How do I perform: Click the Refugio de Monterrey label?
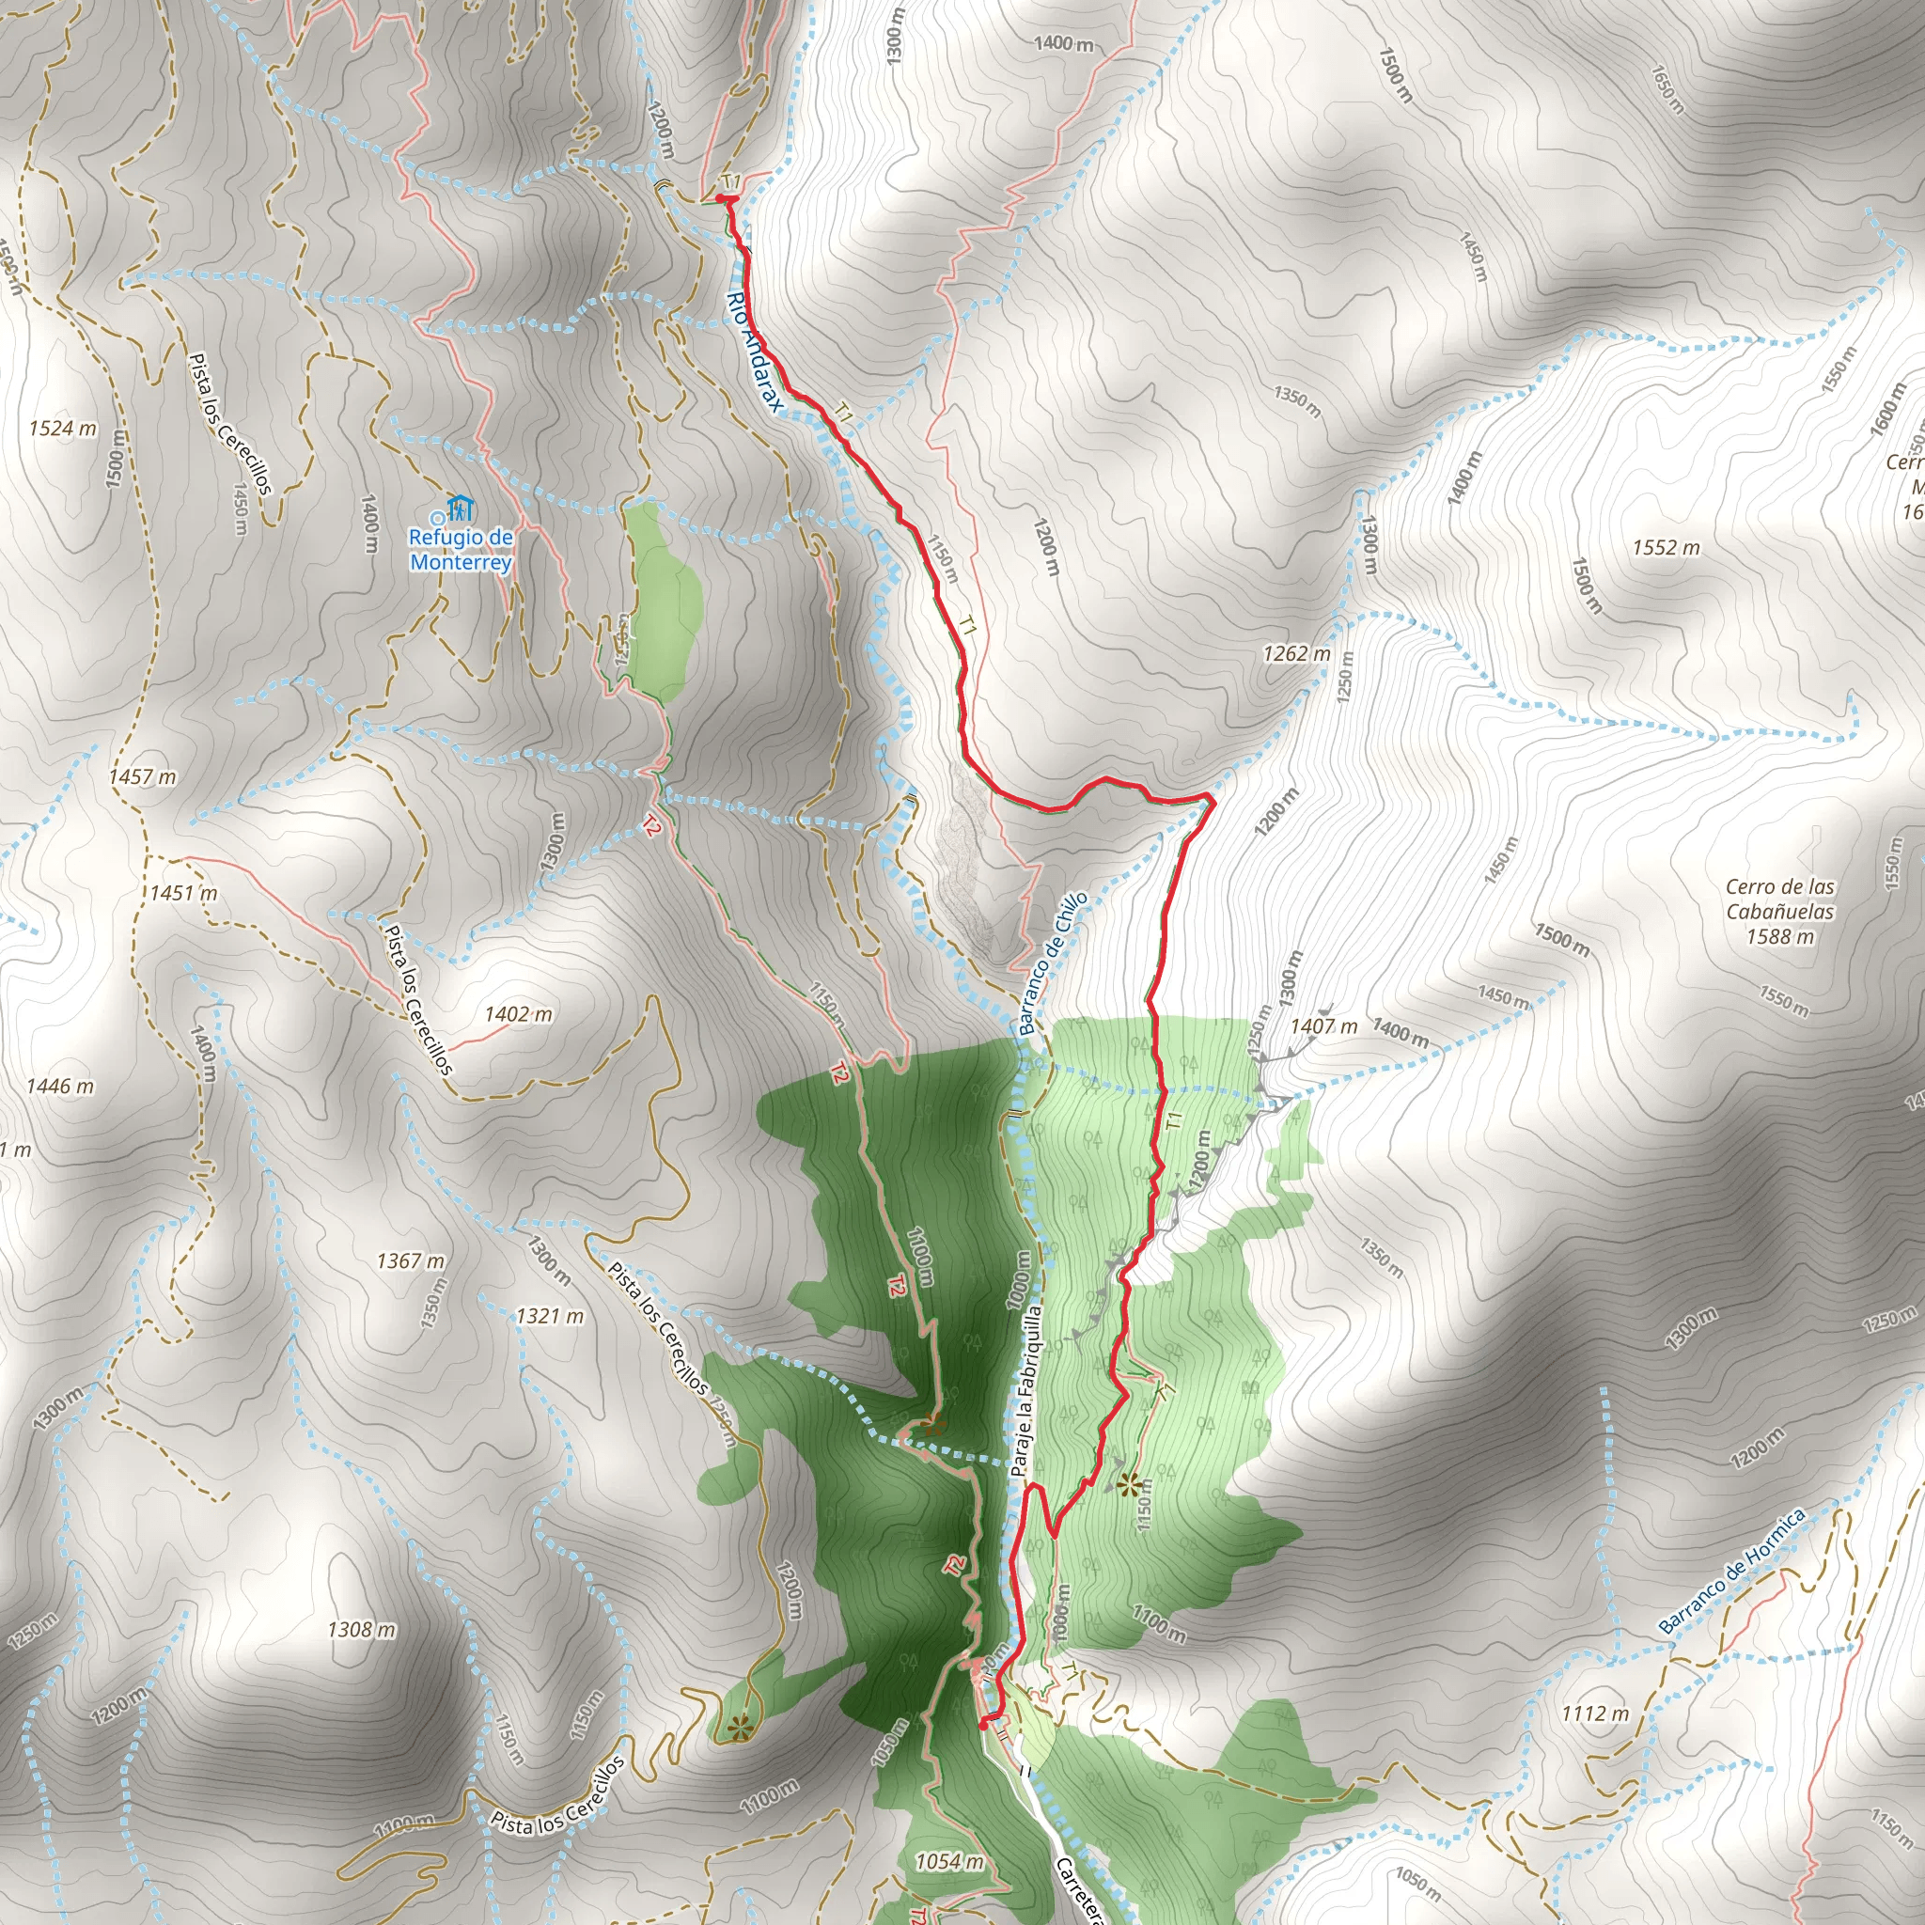click(462, 550)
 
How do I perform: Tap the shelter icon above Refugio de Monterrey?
click(461, 509)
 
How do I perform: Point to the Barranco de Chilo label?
click(1053, 963)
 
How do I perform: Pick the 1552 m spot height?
click(1666, 547)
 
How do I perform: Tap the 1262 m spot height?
click(1296, 653)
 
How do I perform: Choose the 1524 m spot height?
click(63, 429)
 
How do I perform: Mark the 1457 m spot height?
click(143, 776)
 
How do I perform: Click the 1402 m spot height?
click(518, 1014)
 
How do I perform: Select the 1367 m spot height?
click(411, 1261)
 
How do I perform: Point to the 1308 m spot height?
click(362, 1630)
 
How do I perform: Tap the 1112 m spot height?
click(1595, 1713)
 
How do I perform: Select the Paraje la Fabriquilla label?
click(1026, 1391)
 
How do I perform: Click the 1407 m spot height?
click(1323, 1026)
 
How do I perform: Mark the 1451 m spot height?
click(183, 893)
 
